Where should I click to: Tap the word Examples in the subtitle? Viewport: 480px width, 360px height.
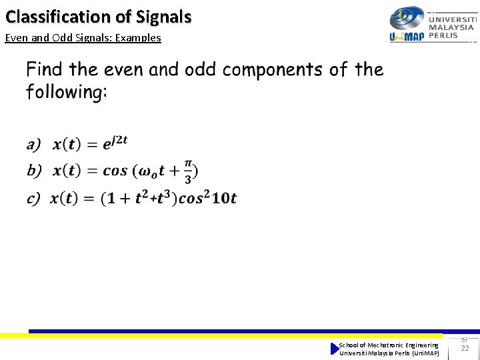coord(138,38)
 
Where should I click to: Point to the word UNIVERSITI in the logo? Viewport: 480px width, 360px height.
coord(452,19)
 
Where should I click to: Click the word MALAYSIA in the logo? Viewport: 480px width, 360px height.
coord(451,27)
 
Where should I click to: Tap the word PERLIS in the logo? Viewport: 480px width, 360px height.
coord(443,35)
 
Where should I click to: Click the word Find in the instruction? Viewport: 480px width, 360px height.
coord(45,69)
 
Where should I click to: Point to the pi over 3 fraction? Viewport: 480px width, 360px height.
coord(188,171)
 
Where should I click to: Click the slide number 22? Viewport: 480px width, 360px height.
coord(465,348)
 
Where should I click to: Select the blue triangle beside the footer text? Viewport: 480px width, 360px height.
coord(335,349)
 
